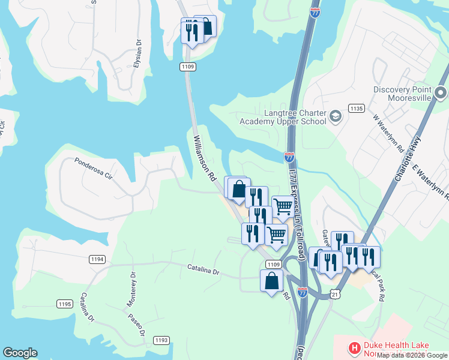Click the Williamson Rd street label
[x=205, y=159]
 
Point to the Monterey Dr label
[x=130, y=290]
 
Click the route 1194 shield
[x=97, y=259]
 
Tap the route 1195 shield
[x=65, y=304]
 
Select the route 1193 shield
[x=161, y=340]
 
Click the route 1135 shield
[x=356, y=109]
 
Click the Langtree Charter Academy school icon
[x=336, y=115]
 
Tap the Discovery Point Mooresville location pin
[x=441, y=93]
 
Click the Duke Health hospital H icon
[x=354, y=347]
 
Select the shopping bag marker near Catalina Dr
[x=272, y=281]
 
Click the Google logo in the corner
[x=20, y=353]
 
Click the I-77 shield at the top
[x=316, y=11]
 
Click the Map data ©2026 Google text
[x=412, y=355]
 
